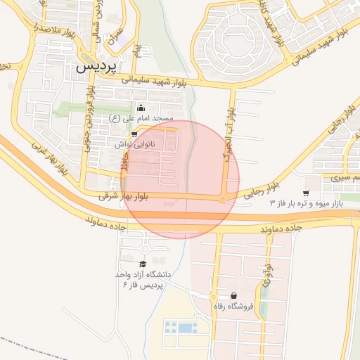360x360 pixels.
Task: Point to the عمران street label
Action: pos(113,39)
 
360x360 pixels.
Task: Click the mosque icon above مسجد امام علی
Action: pos(141,108)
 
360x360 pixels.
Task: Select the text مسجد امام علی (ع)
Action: pos(145,118)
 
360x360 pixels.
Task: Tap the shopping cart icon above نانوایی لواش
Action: pos(134,134)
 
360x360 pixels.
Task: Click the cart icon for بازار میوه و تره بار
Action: pos(306,193)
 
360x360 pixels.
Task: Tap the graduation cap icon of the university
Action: pos(143,264)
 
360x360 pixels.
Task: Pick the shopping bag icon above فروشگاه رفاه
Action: pos(233,295)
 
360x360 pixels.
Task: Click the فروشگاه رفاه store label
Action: pos(233,307)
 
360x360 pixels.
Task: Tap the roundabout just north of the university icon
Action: pos(145,248)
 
